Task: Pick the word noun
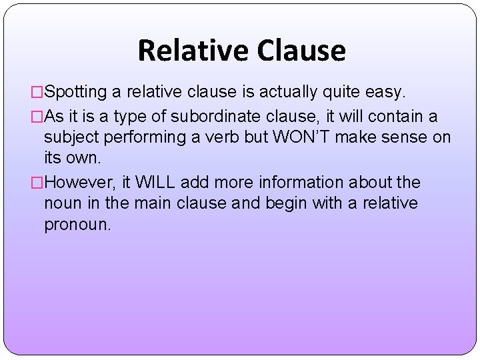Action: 62,203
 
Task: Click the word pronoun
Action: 77,225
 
